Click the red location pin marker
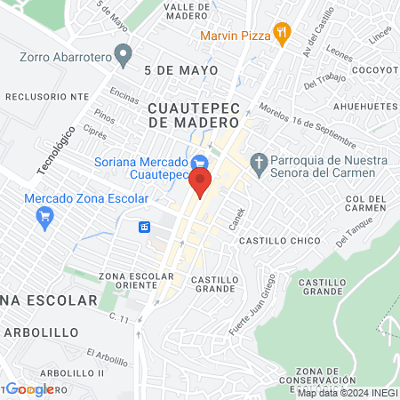click(x=200, y=183)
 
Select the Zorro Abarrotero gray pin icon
click(x=124, y=54)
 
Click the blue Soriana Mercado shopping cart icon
click(x=200, y=163)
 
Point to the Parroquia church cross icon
click(x=260, y=163)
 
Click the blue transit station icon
click(x=144, y=227)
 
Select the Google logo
click(x=30, y=389)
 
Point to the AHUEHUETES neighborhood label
click(x=365, y=106)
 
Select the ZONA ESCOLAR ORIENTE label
click(x=136, y=280)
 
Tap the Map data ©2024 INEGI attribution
click(x=347, y=393)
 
